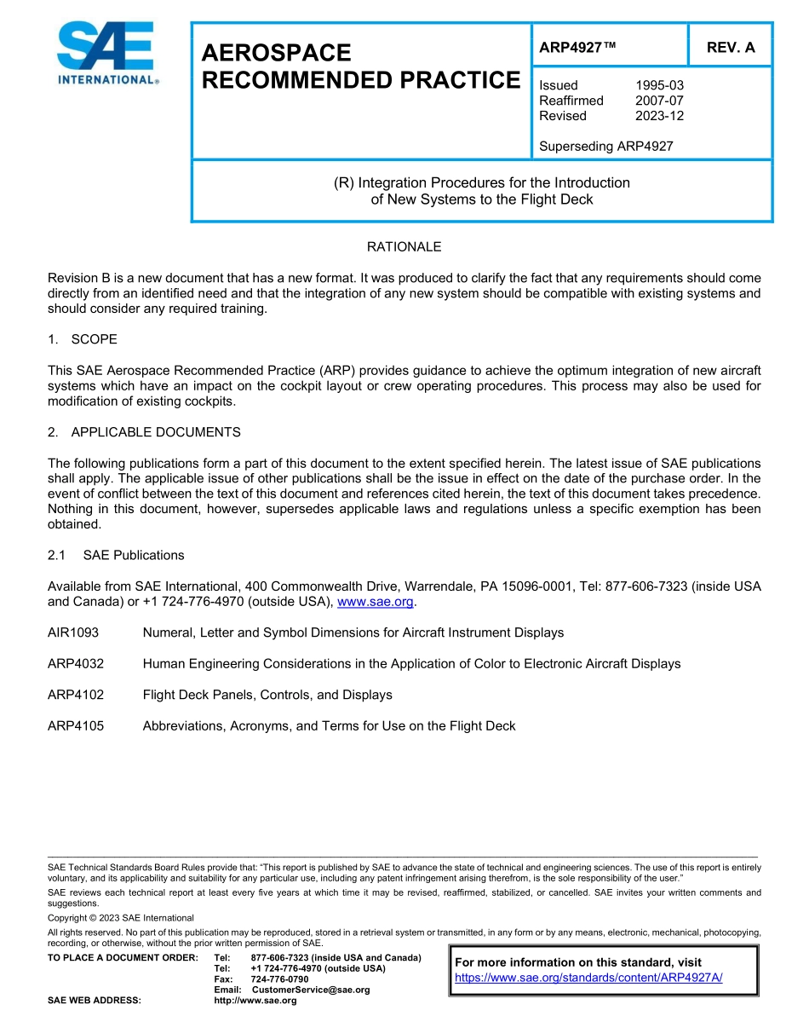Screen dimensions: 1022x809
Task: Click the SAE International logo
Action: [x=106, y=54]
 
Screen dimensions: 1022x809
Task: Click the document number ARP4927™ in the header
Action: [x=577, y=48]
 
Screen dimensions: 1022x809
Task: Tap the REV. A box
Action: [x=731, y=48]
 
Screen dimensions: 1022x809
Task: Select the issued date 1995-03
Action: [x=659, y=85]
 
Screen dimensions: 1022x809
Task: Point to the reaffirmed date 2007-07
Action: [x=659, y=101]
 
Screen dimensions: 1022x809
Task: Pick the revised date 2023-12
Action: [x=659, y=116]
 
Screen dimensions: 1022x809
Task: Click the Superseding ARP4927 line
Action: [x=605, y=146]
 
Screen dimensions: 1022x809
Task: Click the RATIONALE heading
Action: [x=404, y=247]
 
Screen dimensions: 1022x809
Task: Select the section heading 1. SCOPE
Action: [x=83, y=339]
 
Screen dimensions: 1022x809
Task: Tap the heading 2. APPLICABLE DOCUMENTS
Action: [x=144, y=432]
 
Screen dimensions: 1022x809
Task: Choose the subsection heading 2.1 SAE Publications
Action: [x=116, y=555]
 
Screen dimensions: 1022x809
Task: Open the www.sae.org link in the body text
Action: [x=375, y=602]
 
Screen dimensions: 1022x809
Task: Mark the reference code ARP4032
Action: [x=76, y=663]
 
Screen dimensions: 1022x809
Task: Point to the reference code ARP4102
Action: [x=76, y=695]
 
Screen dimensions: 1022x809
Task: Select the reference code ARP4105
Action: [x=76, y=726]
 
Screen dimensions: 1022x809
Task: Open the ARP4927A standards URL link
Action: [x=588, y=978]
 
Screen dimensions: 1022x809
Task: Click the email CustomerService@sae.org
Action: [x=311, y=990]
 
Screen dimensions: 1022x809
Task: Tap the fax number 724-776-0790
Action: [x=279, y=979]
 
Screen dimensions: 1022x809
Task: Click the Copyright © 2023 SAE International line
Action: [x=121, y=918]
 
